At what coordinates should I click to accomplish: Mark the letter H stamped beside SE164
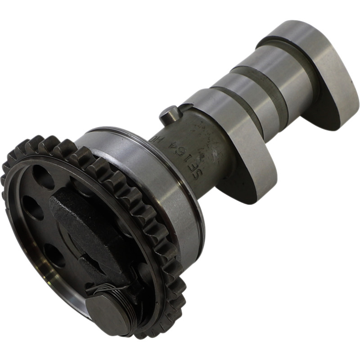[x=205, y=133]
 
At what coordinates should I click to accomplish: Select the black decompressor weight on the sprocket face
[x=85, y=225]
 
